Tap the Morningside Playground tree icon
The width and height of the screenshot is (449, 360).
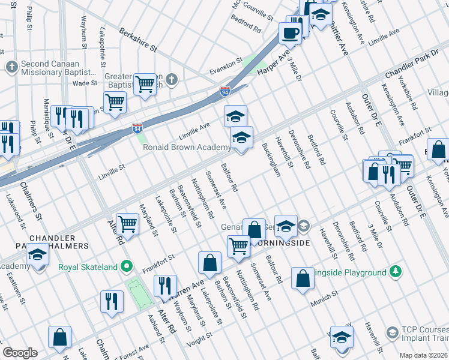point(395,272)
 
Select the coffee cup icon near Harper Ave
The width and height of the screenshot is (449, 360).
point(291,34)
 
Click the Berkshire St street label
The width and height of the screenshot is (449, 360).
point(137,39)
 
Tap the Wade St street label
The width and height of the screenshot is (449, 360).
point(85,83)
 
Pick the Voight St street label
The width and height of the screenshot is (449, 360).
point(200,334)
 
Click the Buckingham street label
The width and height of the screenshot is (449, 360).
point(271,160)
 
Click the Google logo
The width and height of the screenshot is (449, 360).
point(20,352)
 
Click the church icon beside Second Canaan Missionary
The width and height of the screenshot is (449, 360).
point(11,66)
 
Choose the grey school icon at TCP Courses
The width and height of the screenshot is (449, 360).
point(392,332)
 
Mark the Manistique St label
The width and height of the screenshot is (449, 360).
point(46,116)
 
